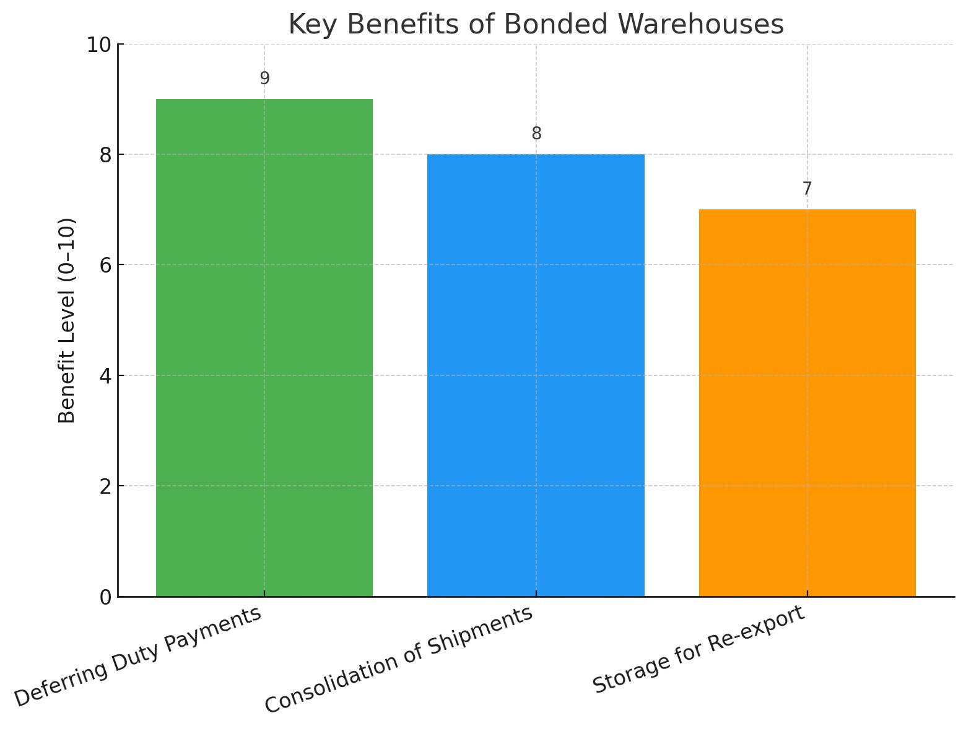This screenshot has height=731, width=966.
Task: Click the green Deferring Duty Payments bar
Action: tap(264, 347)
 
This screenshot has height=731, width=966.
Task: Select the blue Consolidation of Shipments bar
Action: tap(536, 375)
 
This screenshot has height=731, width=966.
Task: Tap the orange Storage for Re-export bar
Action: tap(807, 403)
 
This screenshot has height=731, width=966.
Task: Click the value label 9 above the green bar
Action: tap(264, 79)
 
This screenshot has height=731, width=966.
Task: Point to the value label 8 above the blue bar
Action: tap(536, 134)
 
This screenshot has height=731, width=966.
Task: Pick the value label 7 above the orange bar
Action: tap(807, 189)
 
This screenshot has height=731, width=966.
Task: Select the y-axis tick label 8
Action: tap(105, 155)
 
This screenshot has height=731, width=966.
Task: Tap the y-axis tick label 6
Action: tap(105, 265)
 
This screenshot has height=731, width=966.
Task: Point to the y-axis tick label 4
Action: tap(105, 375)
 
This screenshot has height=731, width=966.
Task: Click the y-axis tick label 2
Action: tap(105, 486)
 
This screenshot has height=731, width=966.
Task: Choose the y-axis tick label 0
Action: tap(105, 597)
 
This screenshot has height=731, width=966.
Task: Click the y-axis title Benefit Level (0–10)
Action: tap(67, 320)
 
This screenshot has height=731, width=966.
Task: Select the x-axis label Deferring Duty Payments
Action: tap(137, 658)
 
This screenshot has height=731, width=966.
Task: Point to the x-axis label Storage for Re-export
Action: tap(700, 650)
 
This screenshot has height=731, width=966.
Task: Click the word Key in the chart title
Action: tap(309, 25)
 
